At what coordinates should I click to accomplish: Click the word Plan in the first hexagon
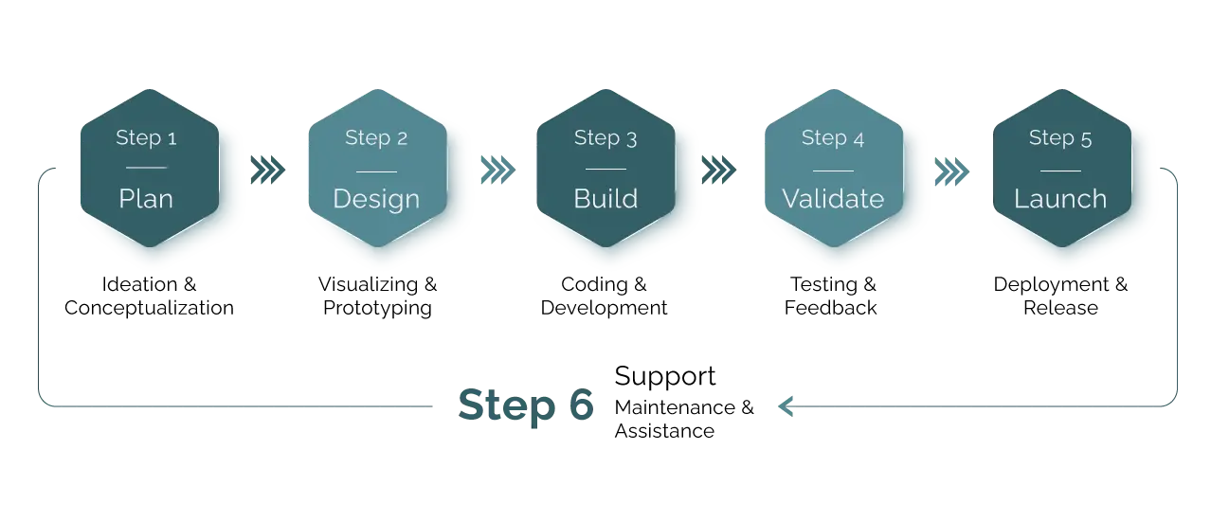[146, 199]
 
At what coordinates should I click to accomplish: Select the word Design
[376, 199]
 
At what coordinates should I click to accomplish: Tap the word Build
[605, 199]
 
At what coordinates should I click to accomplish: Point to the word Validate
[833, 199]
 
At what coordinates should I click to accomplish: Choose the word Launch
[1060, 199]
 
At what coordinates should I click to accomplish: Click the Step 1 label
[146, 138]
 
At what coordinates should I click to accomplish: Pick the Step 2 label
[376, 138]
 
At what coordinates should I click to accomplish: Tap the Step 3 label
[605, 138]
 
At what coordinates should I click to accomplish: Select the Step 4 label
[833, 138]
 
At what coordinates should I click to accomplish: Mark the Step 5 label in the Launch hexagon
[1060, 138]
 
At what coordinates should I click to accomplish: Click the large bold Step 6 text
[527, 406]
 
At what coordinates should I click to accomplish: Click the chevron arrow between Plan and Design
[269, 170]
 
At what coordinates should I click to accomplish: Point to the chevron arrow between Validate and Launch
[950, 170]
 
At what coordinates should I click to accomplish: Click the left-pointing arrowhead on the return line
[783, 406]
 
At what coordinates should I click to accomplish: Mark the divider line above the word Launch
[1060, 171]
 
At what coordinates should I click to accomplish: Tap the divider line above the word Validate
[833, 171]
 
